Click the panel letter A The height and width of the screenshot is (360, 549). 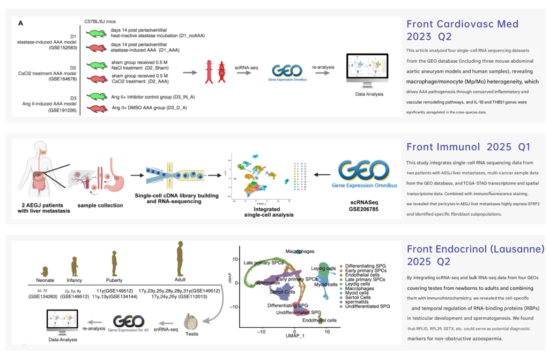click(20, 23)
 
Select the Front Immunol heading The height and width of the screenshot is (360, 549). click(451, 146)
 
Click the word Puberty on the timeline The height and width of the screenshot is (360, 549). click(114, 280)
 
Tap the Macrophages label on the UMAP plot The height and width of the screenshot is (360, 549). click(299, 251)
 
